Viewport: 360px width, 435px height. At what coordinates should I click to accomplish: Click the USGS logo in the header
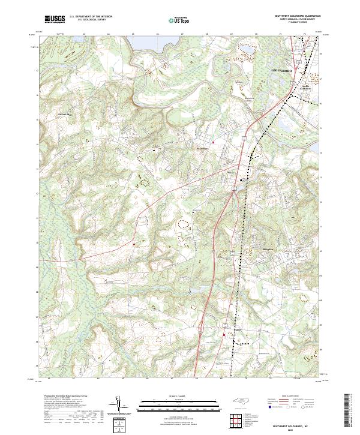click(x=55, y=19)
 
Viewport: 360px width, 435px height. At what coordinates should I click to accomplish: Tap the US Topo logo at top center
click(x=175, y=19)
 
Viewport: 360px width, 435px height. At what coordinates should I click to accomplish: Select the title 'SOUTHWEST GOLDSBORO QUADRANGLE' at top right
click(x=297, y=16)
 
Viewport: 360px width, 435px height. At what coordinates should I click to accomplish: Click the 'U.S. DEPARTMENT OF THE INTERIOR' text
click(x=91, y=17)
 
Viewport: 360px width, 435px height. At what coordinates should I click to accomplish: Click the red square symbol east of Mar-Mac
click(x=213, y=142)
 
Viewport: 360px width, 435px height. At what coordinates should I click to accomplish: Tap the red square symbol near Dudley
click(x=224, y=335)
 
